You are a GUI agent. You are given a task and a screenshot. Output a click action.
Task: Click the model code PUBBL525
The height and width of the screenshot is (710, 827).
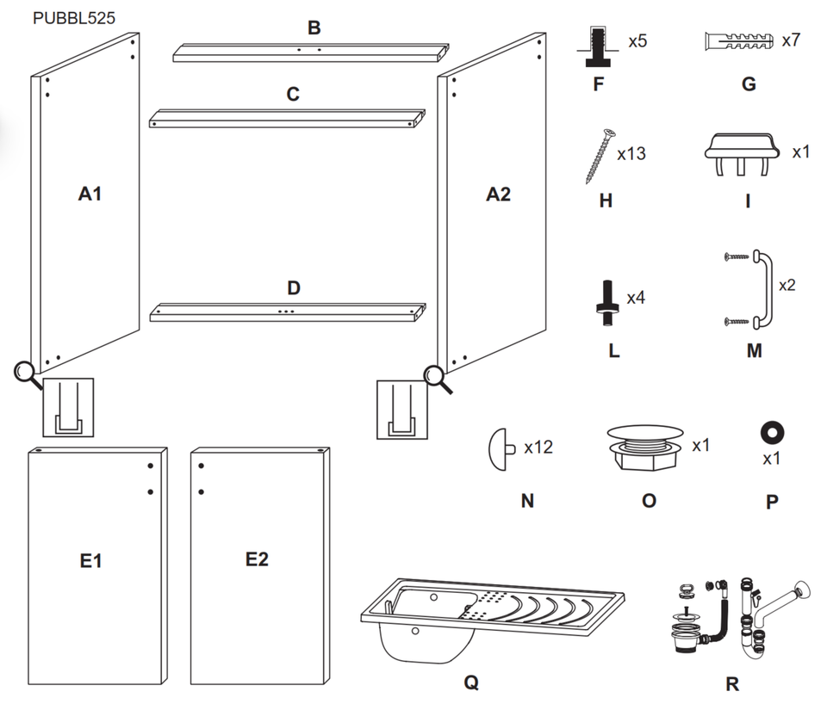click(74, 16)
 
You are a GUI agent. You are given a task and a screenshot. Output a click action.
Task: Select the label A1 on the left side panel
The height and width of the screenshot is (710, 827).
click(90, 194)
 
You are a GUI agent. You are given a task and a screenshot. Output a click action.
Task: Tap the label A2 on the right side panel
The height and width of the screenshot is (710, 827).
click(498, 194)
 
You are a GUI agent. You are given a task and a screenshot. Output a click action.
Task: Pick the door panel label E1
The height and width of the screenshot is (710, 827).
click(91, 561)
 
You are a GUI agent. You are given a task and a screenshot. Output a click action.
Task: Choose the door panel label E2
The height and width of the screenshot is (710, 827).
click(257, 559)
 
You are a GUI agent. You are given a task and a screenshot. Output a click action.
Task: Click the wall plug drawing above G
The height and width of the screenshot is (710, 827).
click(739, 41)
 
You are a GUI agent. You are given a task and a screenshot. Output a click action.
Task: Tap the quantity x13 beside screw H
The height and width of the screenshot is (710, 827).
click(631, 154)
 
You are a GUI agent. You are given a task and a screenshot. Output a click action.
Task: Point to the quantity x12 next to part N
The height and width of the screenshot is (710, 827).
click(538, 447)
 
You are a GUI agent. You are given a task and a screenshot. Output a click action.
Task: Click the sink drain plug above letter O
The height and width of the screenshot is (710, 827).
click(649, 446)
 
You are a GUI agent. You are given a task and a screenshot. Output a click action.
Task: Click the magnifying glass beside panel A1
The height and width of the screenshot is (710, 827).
click(26, 373)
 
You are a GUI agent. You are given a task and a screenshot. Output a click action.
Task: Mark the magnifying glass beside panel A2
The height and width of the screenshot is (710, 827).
click(437, 375)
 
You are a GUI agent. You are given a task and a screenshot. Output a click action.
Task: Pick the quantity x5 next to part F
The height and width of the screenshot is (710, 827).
click(637, 41)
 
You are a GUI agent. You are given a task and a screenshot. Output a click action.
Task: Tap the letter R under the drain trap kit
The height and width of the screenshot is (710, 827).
click(732, 685)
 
